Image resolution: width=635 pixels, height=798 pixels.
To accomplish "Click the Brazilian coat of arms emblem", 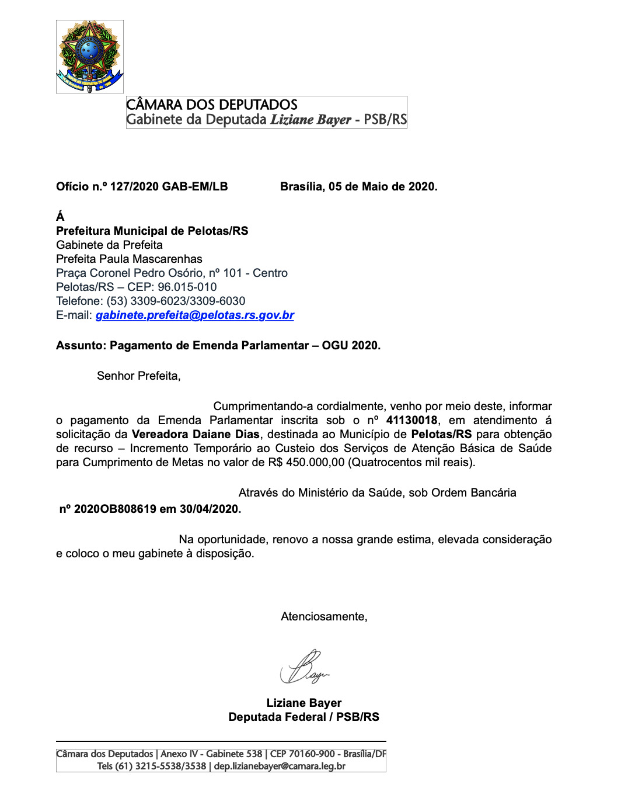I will tap(89, 57).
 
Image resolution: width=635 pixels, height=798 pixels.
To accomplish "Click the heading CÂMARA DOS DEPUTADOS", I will tap(212, 105).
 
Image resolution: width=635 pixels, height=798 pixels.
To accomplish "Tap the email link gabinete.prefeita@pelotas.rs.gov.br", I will tap(195, 315).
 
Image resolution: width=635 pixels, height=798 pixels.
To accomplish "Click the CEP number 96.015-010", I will tap(187, 287).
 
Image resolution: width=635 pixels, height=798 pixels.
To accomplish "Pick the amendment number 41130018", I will tap(411, 421).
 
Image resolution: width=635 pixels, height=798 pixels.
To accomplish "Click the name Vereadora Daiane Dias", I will tap(196, 435).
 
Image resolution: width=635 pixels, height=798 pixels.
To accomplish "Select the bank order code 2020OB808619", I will tap(115, 509).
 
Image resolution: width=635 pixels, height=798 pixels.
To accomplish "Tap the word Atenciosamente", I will tap(324, 617).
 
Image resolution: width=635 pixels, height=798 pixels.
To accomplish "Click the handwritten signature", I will tap(305, 667).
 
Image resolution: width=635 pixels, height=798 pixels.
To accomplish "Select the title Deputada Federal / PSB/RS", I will tap(303, 717).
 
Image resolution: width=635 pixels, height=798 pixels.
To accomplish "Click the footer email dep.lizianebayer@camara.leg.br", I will tap(280, 766).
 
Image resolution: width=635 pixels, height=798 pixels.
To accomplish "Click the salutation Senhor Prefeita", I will tap(138, 376).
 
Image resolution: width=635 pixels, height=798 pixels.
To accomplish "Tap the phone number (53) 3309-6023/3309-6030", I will tap(176, 301).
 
